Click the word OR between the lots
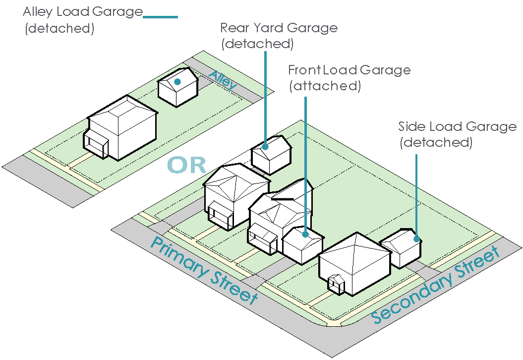(x=186, y=165)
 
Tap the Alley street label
(x=223, y=80)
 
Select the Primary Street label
(x=204, y=270)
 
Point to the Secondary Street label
(x=436, y=286)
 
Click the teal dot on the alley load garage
(x=177, y=81)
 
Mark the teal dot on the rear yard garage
(x=266, y=146)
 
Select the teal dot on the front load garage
(x=305, y=235)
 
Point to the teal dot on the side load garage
(x=416, y=239)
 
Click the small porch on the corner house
(x=336, y=284)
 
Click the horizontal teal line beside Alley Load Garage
(x=160, y=17)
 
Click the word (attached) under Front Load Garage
(x=325, y=86)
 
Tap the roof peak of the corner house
(x=357, y=233)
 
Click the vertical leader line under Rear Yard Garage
(x=266, y=97)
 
